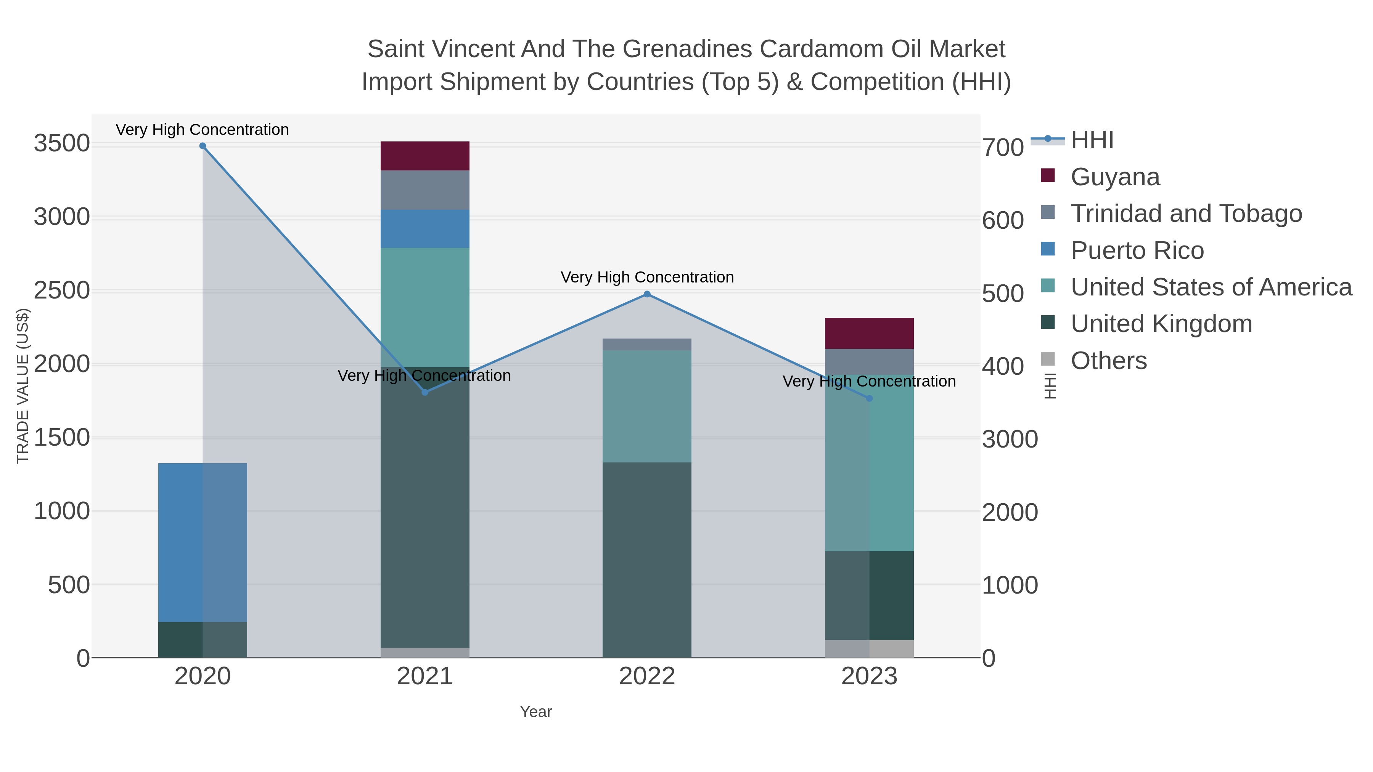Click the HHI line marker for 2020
tap(203, 146)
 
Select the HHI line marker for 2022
tap(647, 294)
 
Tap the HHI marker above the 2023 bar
tap(869, 398)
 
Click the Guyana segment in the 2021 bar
tap(425, 156)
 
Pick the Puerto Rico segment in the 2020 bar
tap(203, 542)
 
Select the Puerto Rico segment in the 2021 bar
tap(425, 229)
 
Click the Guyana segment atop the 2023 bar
tap(869, 334)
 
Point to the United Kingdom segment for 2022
tap(647, 559)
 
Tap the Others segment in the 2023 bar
tap(869, 648)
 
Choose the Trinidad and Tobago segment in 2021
tap(425, 190)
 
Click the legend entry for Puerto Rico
tap(1137, 250)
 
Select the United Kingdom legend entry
tap(1161, 324)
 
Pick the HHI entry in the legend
tap(1092, 140)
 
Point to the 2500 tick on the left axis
tap(62, 291)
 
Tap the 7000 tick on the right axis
tap(1003, 148)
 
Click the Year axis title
tap(536, 712)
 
